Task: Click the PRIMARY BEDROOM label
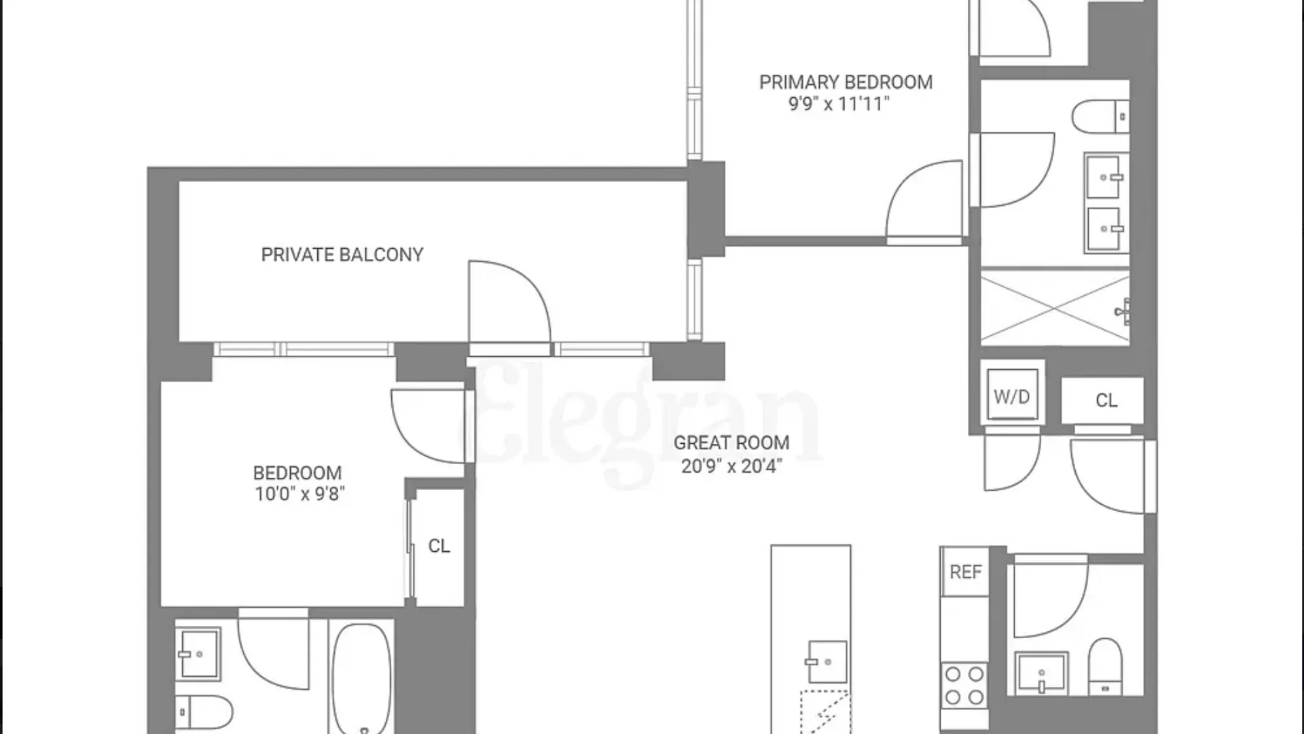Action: (846, 82)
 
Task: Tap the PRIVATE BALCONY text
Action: (342, 255)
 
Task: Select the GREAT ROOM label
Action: (731, 443)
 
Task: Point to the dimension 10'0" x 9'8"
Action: (300, 494)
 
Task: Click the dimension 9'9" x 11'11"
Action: (838, 104)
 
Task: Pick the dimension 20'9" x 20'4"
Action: (731, 466)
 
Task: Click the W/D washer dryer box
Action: (1012, 395)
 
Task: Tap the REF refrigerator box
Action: (965, 572)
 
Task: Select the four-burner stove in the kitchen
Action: (964, 685)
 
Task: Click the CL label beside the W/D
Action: (1106, 401)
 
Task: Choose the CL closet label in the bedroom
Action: (439, 546)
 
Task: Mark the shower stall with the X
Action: (1055, 308)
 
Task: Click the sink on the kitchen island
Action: (827, 662)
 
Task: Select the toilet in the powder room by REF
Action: (1105, 667)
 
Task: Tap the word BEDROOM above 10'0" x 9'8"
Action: (297, 473)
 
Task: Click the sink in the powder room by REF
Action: (1042, 673)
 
